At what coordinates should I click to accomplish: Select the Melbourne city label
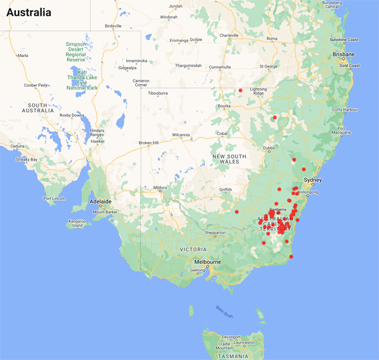(x=207, y=261)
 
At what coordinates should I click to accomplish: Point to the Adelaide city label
(x=100, y=202)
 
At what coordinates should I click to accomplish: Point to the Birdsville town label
(x=113, y=26)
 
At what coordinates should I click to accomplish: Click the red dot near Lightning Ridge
(x=241, y=91)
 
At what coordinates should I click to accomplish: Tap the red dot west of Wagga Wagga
(x=237, y=212)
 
